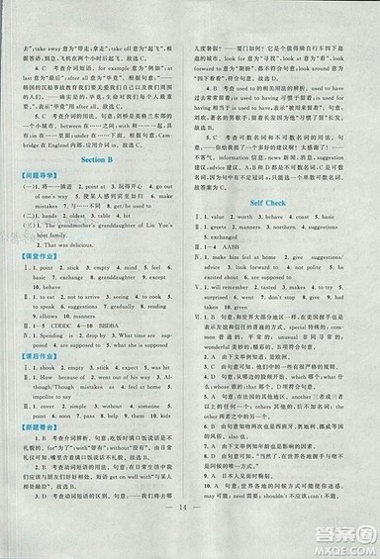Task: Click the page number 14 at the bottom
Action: tap(190, 532)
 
